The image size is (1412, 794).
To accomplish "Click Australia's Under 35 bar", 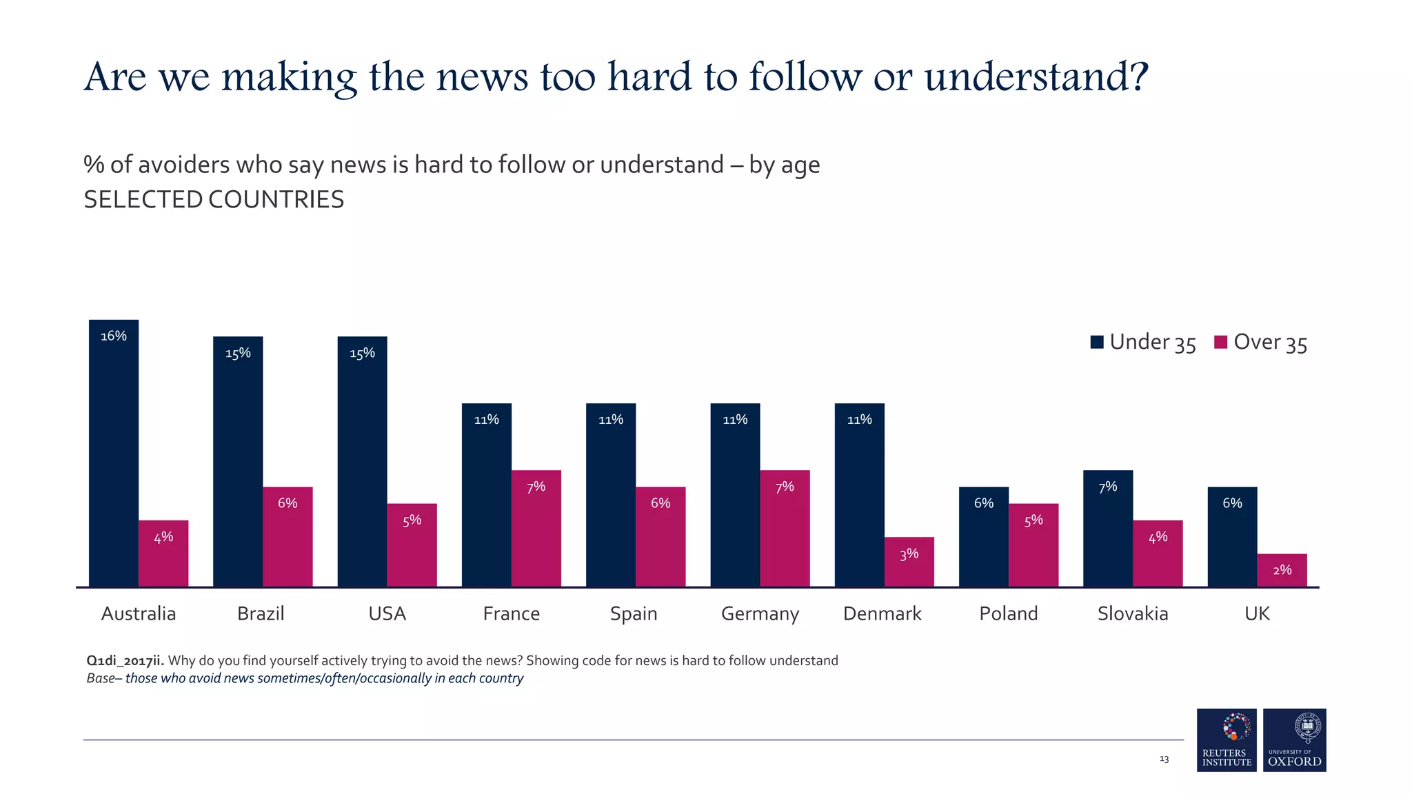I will [x=114, y=455].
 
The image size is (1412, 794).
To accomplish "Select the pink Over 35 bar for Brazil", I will [x=288, y=538].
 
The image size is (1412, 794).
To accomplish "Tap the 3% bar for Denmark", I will [x=909, y=562].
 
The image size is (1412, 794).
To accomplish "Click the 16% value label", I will [x=114, y=336].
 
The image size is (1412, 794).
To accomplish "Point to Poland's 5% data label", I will [x=1033, y=521].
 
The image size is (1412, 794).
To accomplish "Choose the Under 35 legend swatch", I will [x=1097, y=342].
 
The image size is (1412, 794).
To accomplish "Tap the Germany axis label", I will [x=760, y=613].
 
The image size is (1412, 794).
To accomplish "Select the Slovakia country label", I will [x=1133, y=613].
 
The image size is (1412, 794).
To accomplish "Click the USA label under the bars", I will [x=387, y=613].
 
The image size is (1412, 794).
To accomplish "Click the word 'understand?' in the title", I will [x=1036, y=77].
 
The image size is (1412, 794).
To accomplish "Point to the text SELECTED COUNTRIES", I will [x=214, y=200].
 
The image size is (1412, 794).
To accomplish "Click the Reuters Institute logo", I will [x=1227, y=740].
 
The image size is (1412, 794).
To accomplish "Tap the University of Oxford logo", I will [x=1294, y=740].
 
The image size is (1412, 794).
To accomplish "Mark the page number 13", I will [x=1164, y=759].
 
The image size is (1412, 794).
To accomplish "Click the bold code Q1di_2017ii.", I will [x=125, y=660].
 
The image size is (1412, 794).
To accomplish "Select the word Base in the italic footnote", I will [x=101, y=678].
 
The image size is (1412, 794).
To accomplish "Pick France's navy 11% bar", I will [x=486, y=496].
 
